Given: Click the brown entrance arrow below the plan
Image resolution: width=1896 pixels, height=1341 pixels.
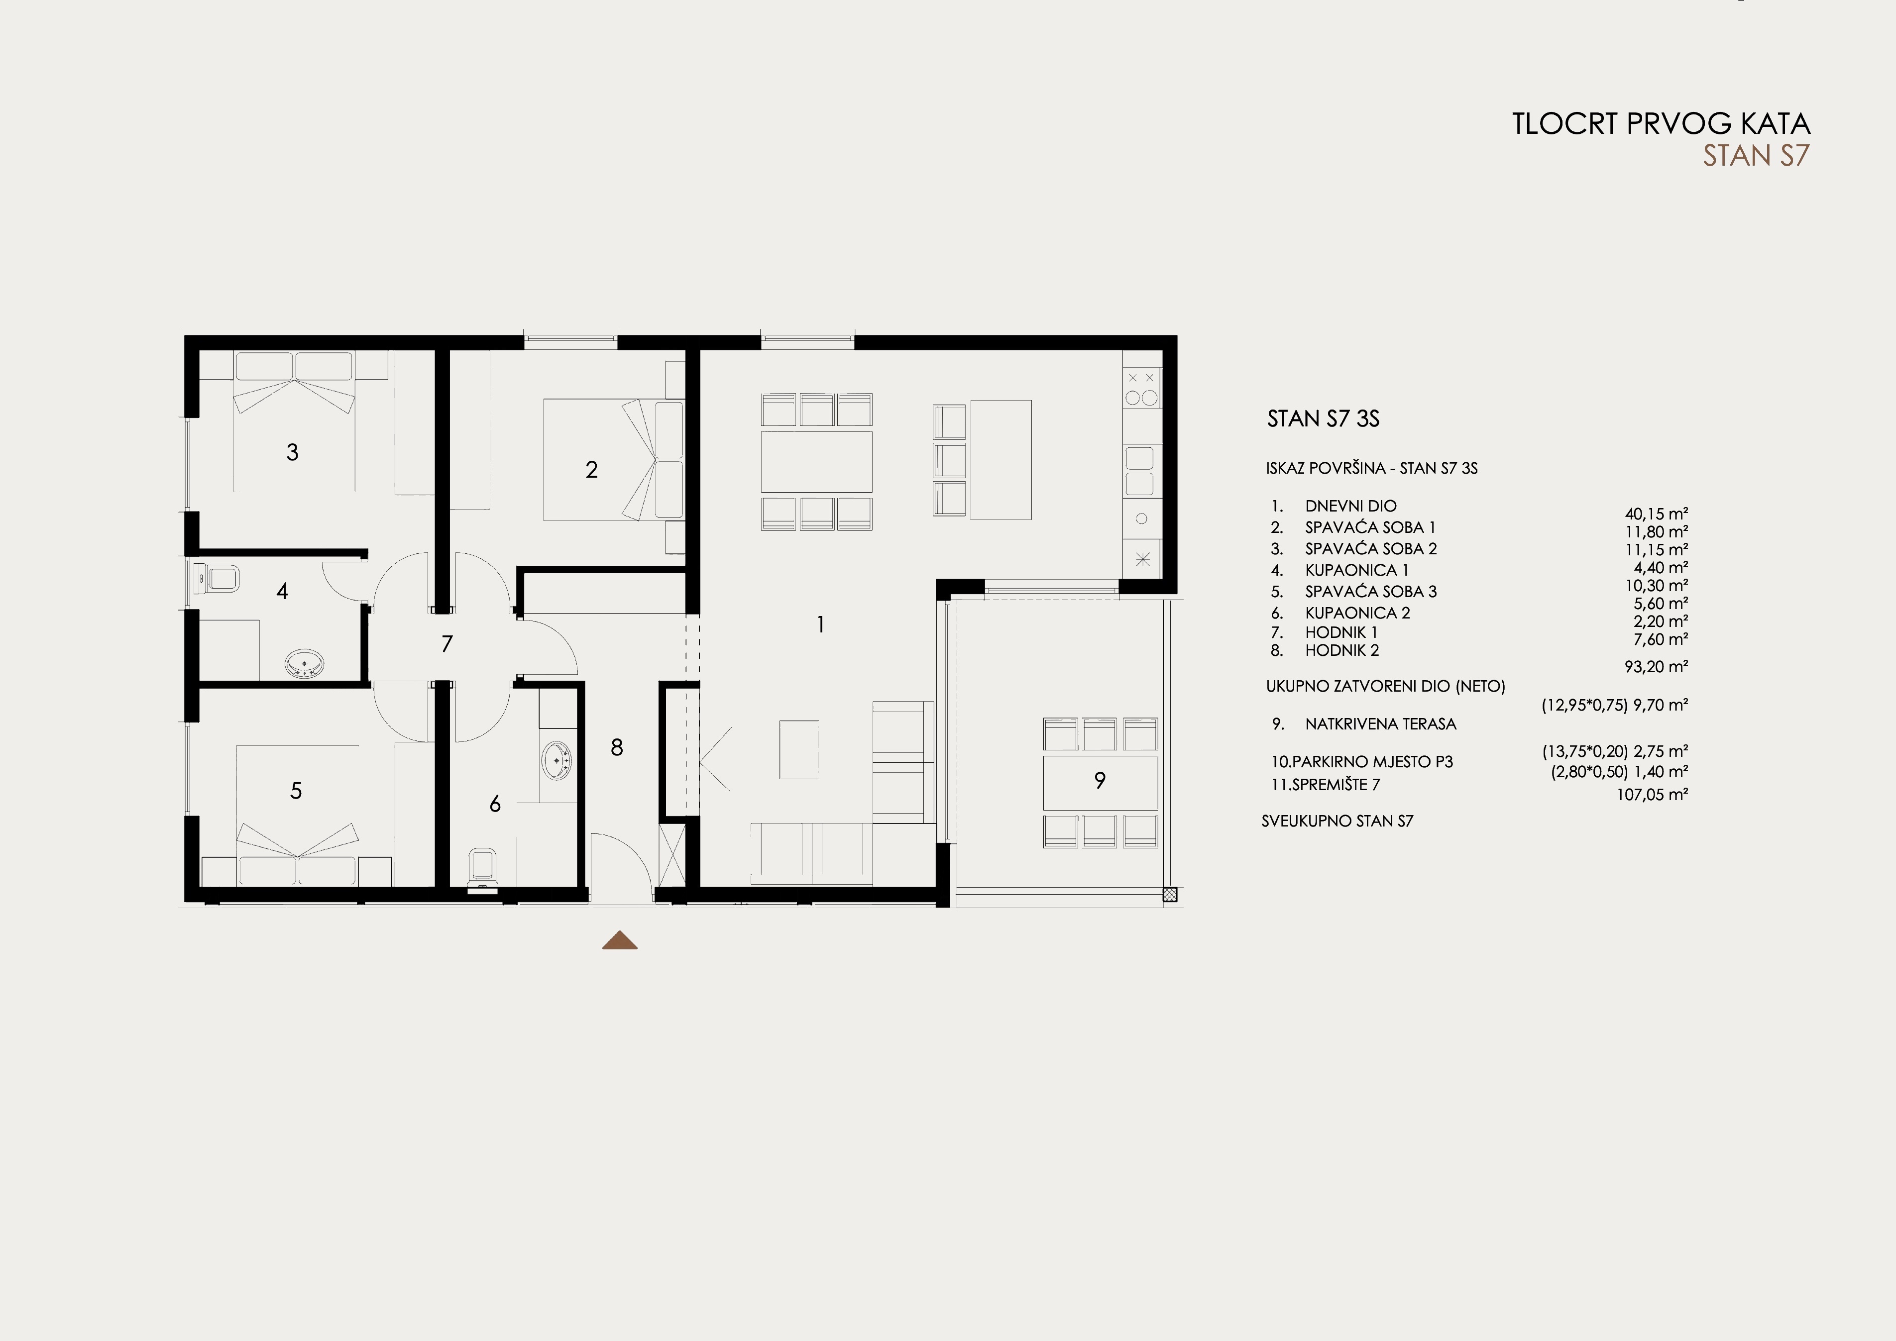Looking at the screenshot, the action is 619,940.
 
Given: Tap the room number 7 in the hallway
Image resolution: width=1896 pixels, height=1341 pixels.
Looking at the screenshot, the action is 447,644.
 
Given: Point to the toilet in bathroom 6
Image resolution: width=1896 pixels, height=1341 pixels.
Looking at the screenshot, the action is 482,870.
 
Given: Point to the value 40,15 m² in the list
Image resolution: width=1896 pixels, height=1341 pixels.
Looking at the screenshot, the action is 1657,514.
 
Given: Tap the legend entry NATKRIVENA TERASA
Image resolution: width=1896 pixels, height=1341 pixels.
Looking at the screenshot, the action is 1381,724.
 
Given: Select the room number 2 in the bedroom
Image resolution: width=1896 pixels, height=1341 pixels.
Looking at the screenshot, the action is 591,470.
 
